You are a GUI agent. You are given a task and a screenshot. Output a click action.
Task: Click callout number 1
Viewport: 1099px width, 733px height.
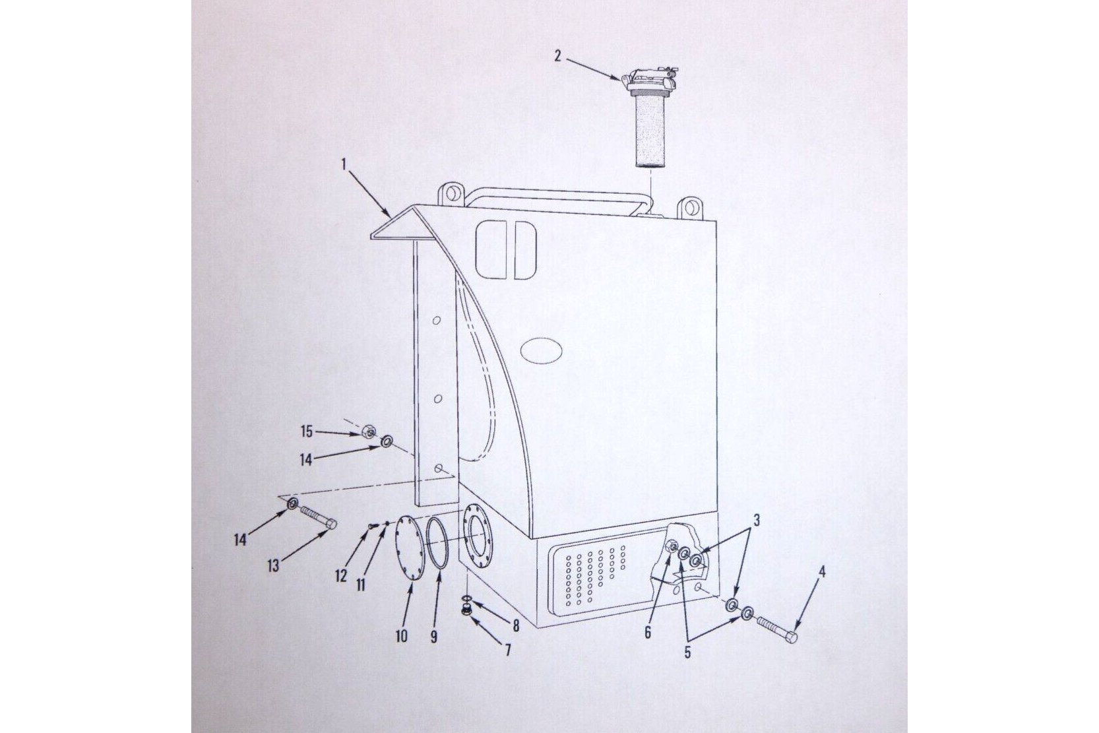(x=344, y=164)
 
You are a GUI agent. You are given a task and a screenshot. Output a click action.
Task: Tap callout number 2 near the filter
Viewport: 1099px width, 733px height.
(x=557, y=56)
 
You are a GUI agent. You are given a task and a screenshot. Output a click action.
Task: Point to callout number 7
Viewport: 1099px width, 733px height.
(x=508, y=650)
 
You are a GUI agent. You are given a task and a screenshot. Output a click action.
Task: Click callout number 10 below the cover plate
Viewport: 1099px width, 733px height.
(x=401, y=637)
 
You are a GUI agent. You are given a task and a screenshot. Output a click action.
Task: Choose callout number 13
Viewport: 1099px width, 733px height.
(x=273, y=565)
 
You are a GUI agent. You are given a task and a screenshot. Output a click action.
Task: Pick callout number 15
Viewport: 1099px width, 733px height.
(x=307, y=432)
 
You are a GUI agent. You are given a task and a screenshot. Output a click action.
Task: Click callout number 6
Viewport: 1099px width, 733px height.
(x=648, y=633)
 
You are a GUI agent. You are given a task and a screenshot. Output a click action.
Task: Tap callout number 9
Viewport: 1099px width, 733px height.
(x=433, y=637)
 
